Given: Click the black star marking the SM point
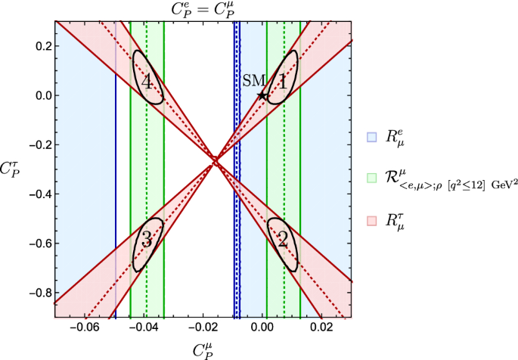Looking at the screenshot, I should (x=262, y=95).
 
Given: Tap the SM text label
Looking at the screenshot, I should (x=252, y=81).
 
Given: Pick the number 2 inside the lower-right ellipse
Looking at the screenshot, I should (x=282, y=241).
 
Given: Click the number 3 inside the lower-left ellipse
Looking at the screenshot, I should (x=147, y=241).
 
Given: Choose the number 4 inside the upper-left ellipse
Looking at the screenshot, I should (x=148, y=82).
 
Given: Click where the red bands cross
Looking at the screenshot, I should (x=216, y=160).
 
